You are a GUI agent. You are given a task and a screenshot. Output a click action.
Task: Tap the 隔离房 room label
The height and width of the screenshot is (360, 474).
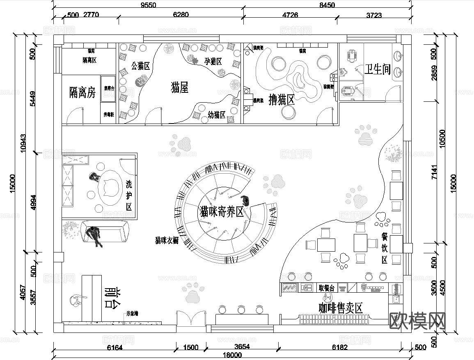(82, 93)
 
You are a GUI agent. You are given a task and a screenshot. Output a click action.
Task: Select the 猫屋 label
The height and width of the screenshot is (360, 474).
(179, 87)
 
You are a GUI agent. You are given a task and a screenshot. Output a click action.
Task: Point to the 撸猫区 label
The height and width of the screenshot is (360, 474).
(282, 100)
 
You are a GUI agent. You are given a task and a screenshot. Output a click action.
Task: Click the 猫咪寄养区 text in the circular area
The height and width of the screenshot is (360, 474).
(221, 212)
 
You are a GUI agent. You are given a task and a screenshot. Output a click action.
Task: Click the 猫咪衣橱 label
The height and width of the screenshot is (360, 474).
(167, 240)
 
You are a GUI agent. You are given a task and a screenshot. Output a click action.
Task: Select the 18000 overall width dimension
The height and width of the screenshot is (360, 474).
(232, 355)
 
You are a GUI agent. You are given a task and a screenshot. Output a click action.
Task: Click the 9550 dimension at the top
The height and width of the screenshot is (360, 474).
(149, 5)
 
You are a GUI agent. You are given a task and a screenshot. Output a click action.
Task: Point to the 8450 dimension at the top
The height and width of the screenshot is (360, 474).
(327, 5)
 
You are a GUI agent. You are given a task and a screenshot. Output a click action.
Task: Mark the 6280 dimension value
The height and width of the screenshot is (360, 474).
(181, 15)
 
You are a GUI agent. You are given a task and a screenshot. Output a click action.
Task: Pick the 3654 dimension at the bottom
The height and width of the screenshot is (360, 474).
(242, 347)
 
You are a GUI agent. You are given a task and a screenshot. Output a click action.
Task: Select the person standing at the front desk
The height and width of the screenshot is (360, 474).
(76, 301)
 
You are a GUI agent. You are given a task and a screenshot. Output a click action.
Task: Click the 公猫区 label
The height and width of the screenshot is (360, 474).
(140, 66)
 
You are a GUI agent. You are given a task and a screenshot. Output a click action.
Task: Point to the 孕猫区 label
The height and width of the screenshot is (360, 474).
(213, 62)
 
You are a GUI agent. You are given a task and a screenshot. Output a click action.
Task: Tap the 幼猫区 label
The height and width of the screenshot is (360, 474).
(217, 115)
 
